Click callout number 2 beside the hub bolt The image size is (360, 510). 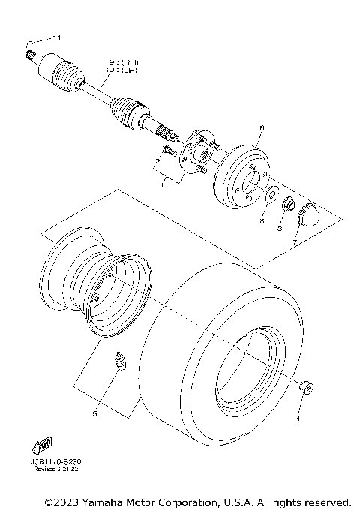coord(157,160)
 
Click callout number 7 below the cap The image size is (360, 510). coord(295,242)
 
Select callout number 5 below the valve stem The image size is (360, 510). coord(94,412)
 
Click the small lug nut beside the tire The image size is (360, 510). coord(305,386)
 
